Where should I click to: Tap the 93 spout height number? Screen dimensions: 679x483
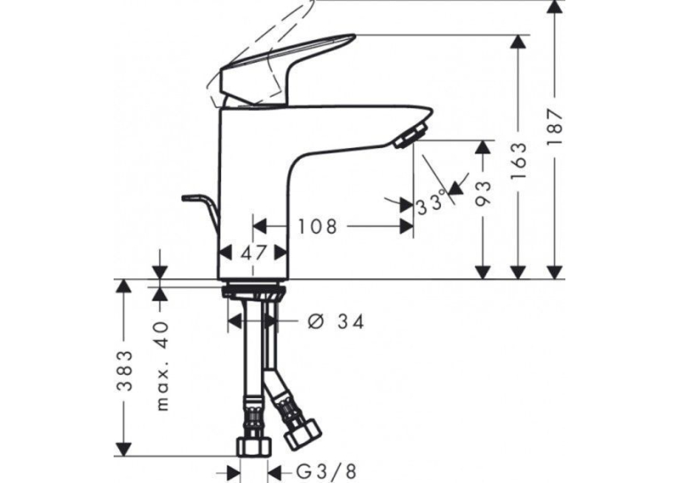click(x=483, y=192)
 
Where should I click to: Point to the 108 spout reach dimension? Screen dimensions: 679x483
click(x=317, y=226)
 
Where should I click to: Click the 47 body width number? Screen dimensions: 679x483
click(x=254, y=253)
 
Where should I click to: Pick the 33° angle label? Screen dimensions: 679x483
click(x=430, y=203)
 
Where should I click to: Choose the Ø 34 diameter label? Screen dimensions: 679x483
click(x=336, y=322)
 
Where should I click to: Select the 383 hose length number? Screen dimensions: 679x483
click(x=125, y=370)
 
